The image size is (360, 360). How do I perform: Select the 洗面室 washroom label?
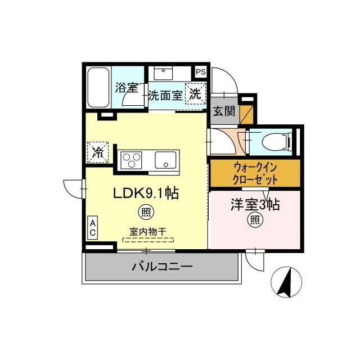(165, 95)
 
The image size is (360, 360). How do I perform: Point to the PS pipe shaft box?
(200, 71)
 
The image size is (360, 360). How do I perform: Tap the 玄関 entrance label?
(223, 110)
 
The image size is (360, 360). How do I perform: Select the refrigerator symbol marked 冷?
(98, 151)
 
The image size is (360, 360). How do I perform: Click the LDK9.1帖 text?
(146, 194)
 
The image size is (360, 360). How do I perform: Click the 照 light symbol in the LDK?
(146, 212)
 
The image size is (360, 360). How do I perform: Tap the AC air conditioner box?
(92, 228)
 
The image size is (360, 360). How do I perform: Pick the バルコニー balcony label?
(163, 267)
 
